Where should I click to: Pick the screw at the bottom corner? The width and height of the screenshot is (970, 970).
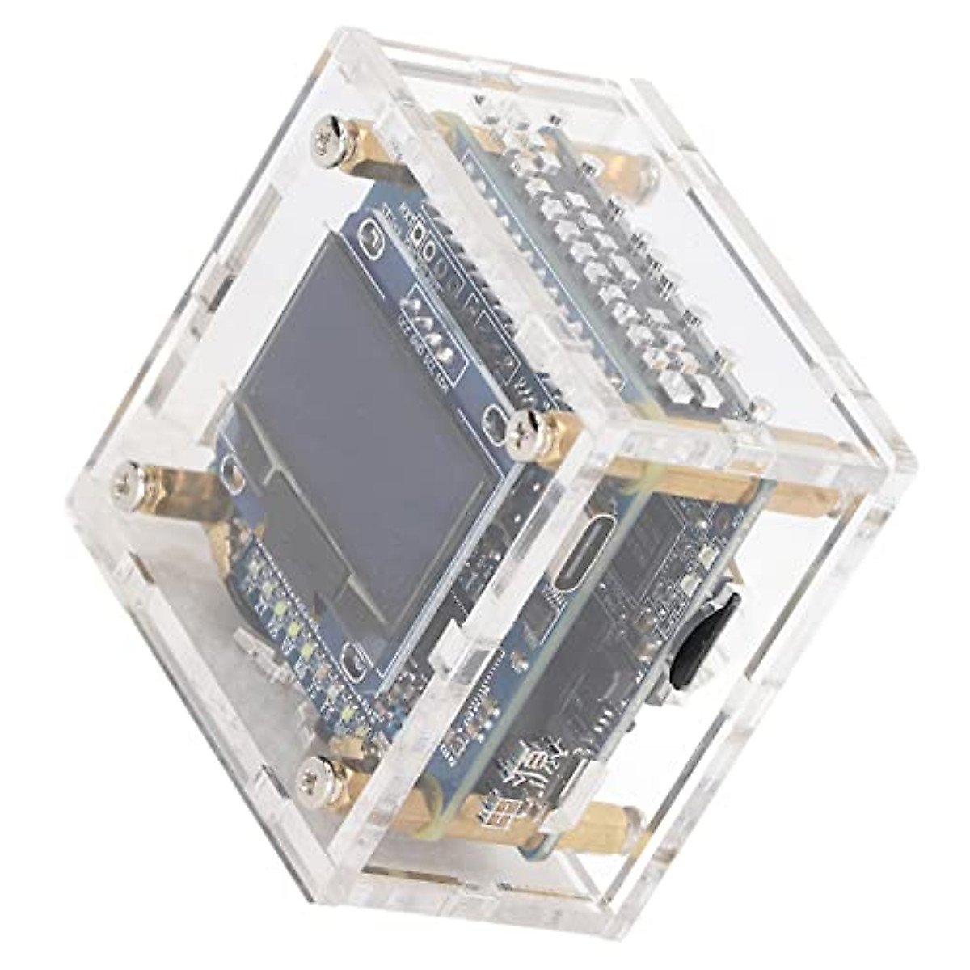[314, 780]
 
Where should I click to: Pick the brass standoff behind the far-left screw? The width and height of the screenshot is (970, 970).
[178, 493]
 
